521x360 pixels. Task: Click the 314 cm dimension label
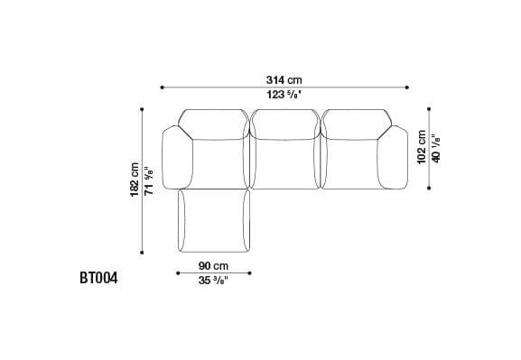(x=284, y=80)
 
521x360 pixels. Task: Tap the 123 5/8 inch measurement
(x=284, y=95)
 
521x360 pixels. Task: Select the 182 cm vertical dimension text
(x=135, y=180)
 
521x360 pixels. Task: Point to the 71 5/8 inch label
(x=149, y=181)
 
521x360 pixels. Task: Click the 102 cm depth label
(x=422, y=147)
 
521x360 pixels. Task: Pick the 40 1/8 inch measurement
(x=435, y=149)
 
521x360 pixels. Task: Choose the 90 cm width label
(x=213, y=266)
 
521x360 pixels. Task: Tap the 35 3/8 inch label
(x=213, y=281)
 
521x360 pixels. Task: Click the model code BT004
(x=98, y=278)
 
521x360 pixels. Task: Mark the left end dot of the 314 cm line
(x=162, y=88)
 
